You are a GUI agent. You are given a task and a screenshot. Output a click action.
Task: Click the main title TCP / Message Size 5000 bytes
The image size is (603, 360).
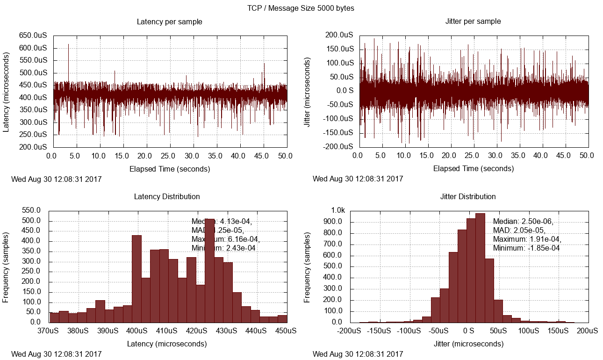click(x=301, y=8)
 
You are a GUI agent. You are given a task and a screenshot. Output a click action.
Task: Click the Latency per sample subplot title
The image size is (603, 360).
click(x=169, y=22)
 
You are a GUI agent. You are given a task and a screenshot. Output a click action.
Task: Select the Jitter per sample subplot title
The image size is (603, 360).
click(x=473, y=22)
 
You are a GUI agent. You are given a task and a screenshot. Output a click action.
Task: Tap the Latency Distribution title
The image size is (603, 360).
click(x=167, y=196)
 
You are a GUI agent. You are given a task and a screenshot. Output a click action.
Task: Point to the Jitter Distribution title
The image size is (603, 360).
click(x=468, y=196)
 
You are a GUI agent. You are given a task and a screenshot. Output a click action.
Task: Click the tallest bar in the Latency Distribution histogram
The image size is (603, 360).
click(x=210, y=271)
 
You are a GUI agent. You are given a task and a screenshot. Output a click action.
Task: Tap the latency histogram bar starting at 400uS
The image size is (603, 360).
click(x=136, y=279)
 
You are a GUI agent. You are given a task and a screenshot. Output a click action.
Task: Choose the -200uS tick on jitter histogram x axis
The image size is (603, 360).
click(x=349, y=331)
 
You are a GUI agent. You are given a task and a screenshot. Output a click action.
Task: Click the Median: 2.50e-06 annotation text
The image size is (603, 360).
click(x=523, y=222)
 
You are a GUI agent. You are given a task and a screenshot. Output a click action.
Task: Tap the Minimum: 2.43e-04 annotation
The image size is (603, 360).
click(x=223, y=248)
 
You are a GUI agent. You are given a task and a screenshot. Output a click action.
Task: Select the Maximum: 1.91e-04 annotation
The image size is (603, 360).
click(x=527, y=239)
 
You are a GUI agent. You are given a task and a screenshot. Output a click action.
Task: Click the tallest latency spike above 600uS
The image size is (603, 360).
click(x=68, y=46)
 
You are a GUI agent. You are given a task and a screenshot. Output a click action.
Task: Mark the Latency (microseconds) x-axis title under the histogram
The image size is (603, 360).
click(x=167, y=344)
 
